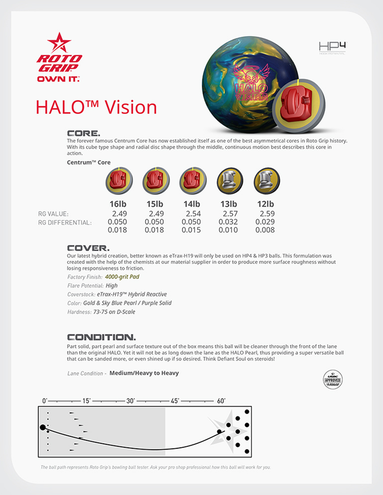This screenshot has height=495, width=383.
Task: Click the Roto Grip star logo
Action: (59, 42)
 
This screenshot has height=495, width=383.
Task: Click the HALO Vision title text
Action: (96, 107)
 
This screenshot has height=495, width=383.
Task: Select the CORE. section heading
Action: (83, 133)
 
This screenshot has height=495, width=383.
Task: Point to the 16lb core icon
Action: (119, 181)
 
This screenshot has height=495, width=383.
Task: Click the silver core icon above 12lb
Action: (266, 181)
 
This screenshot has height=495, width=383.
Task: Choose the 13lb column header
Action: (228, 204)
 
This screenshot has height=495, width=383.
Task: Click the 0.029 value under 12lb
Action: (265, 222)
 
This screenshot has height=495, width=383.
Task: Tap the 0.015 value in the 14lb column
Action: (191, 230)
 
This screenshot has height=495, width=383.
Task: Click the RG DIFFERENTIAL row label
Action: (65, 223)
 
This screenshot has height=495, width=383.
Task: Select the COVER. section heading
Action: (88, 248)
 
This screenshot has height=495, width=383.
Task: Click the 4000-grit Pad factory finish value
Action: (122, 277)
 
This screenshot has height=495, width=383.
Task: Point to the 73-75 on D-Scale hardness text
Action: (114, 312)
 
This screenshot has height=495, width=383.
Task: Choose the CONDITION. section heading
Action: (102, 337)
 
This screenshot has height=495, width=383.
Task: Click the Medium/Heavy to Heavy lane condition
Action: (144, 373)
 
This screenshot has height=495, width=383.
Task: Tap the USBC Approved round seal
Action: (333, 379)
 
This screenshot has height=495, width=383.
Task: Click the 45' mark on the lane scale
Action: (175, 401)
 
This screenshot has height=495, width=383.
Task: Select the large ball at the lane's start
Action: (43, 427)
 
